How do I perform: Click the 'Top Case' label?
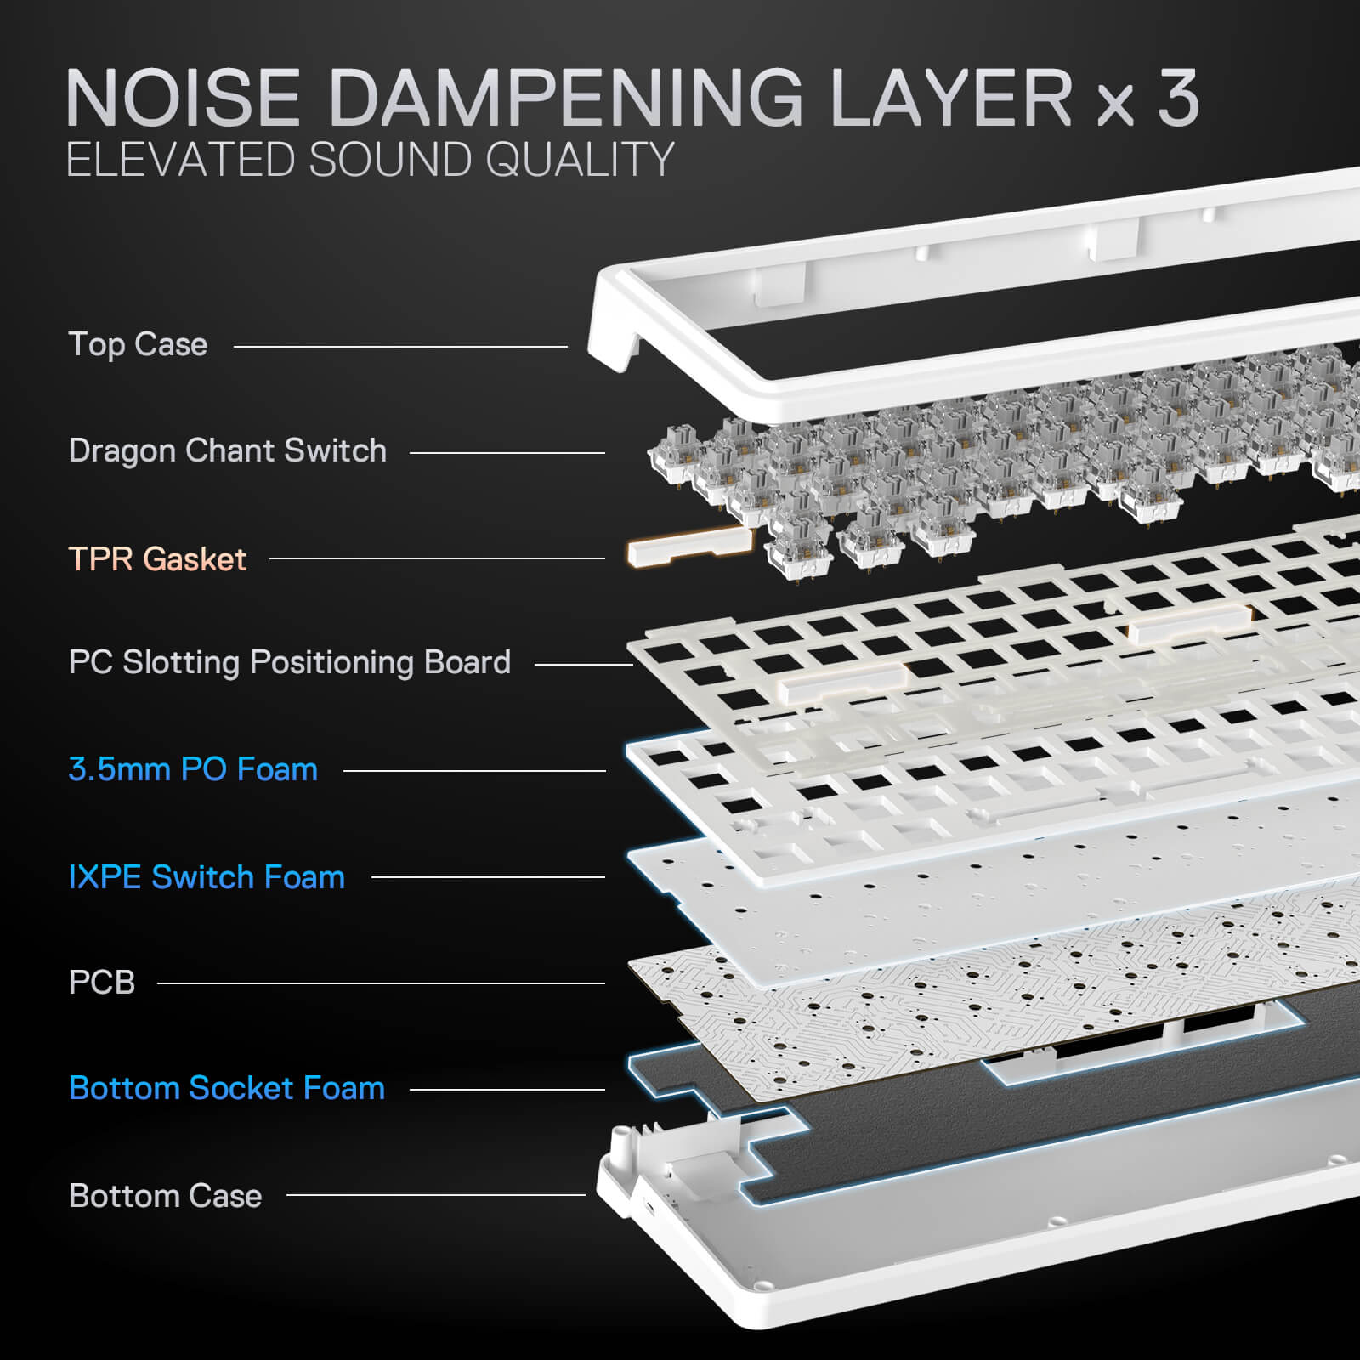click(x=138, y=344)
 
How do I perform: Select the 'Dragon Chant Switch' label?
click(x=227, y=450)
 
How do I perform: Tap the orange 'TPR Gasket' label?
click(x=157, y=558)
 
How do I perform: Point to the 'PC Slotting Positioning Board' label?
click(x=289, y=662)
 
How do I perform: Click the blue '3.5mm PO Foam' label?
click(x=193, y=769)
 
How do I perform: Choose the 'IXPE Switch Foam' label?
click(x=207, y=876)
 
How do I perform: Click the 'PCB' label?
click(x=102, y=982)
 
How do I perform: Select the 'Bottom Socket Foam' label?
click(x=227, y=1088)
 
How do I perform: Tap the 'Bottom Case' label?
click(x=165, y=1195)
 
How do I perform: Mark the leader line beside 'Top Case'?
click(x=399, y=346)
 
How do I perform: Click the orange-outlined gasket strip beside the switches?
click(x=688, y=546)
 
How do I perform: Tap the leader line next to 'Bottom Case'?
click(x=435, y=1195)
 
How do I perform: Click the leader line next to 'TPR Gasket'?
click(x=437, y=558)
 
